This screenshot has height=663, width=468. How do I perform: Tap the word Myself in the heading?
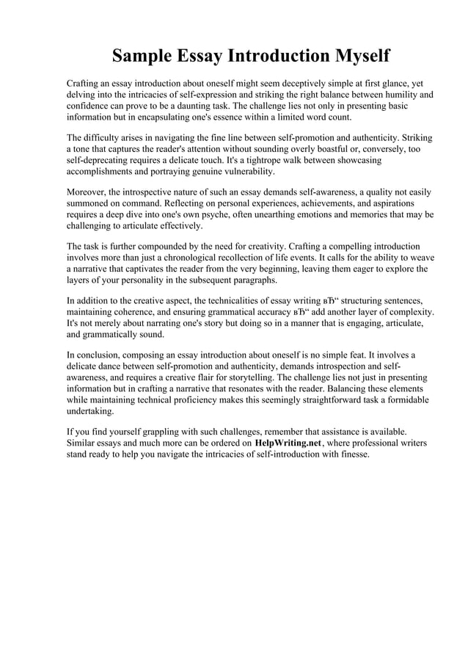[x=354, y=57]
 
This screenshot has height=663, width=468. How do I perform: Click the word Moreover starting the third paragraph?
[x=87, y=192]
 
